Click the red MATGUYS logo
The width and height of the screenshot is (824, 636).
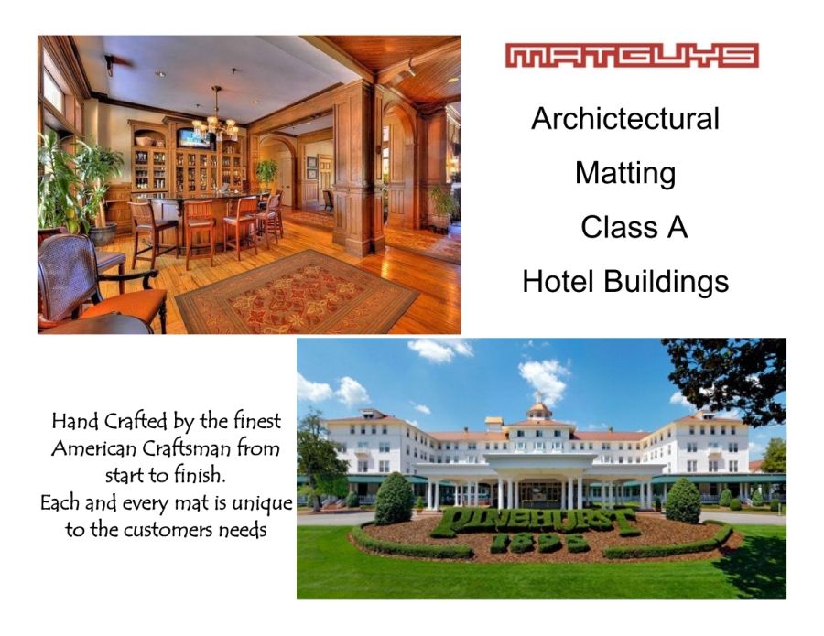(632, 55)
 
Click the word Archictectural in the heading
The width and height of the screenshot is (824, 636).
(624, 118)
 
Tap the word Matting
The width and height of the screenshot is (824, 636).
(624, 173)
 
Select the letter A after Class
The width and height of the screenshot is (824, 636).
(678, 228)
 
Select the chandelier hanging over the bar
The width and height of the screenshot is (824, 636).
(215, 118)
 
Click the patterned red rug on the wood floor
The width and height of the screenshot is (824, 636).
(297, 292)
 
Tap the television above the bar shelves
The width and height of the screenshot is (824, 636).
(195, 139)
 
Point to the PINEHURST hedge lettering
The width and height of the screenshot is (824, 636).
(536, 522)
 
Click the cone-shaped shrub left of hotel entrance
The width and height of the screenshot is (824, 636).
(394, 498)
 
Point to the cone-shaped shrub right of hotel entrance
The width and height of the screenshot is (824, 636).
(683, 501)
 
